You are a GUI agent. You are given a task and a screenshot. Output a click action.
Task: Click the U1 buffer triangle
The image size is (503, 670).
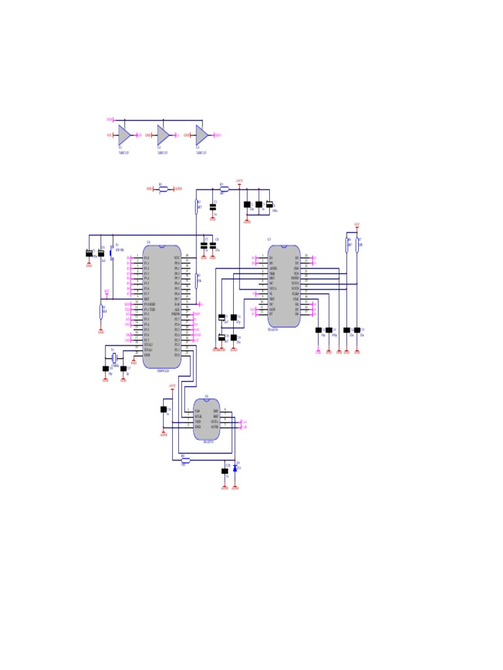[124, 135]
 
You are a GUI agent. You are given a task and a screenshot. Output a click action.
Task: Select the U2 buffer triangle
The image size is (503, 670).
[162, 135]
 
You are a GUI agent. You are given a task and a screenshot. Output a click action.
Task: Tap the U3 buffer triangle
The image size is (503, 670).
[202, 135]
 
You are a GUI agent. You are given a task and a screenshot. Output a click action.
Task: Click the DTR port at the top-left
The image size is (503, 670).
[110, 120]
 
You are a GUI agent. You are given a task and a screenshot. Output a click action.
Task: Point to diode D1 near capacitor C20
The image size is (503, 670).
[234, 467]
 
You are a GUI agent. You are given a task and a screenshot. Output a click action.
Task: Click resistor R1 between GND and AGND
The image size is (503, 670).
[163, 188]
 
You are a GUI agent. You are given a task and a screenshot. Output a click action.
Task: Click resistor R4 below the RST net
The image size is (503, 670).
[102, 310]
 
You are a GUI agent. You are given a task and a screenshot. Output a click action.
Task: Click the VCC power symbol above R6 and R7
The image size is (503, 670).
[357, 226]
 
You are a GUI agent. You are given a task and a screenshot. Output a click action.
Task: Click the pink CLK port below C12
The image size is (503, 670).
[318, 352]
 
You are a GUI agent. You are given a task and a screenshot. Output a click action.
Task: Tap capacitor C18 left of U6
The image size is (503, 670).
[162, 410]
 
